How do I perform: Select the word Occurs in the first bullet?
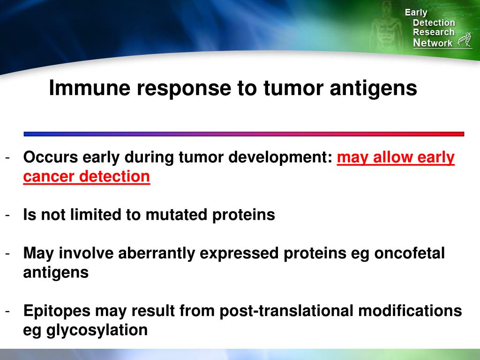(50, 157)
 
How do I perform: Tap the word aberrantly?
(157, 253)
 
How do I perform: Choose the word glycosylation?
(97, 330)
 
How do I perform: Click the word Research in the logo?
(434, 32)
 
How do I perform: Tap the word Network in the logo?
(433, 43)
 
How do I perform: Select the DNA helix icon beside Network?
(464, 40)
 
